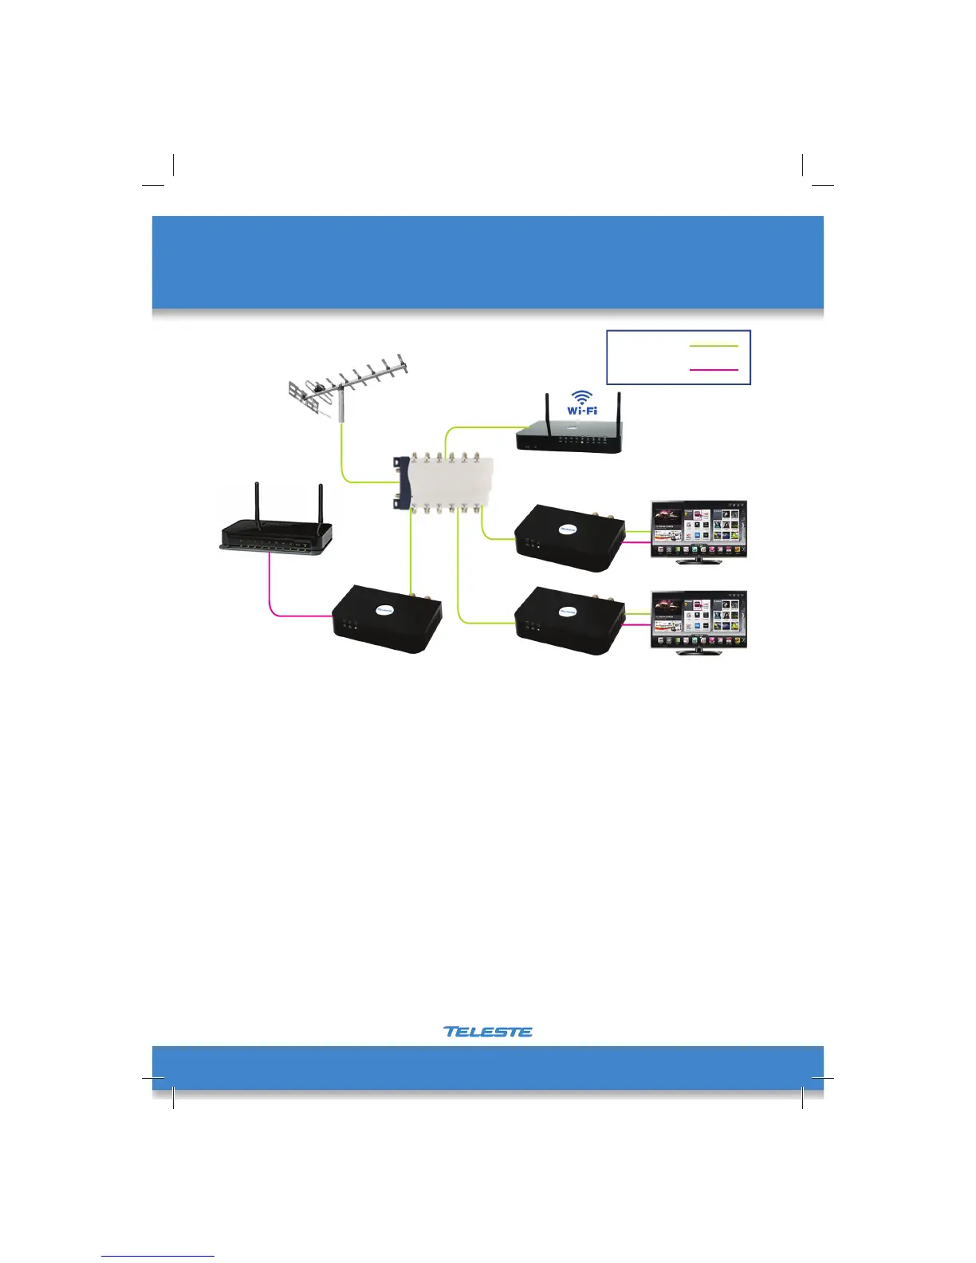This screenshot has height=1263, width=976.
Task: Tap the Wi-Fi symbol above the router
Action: [x=582, y=402]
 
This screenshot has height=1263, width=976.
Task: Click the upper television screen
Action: [x=699, y=528]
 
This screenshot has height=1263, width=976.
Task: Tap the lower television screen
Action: [x=699, y=619]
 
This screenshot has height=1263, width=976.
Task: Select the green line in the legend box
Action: [x=714, y=346]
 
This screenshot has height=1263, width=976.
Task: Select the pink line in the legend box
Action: [x=714, y=370]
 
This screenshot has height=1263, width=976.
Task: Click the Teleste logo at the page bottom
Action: [x=488, y=1031]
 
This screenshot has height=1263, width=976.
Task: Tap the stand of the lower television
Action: [x=699, y=651]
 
